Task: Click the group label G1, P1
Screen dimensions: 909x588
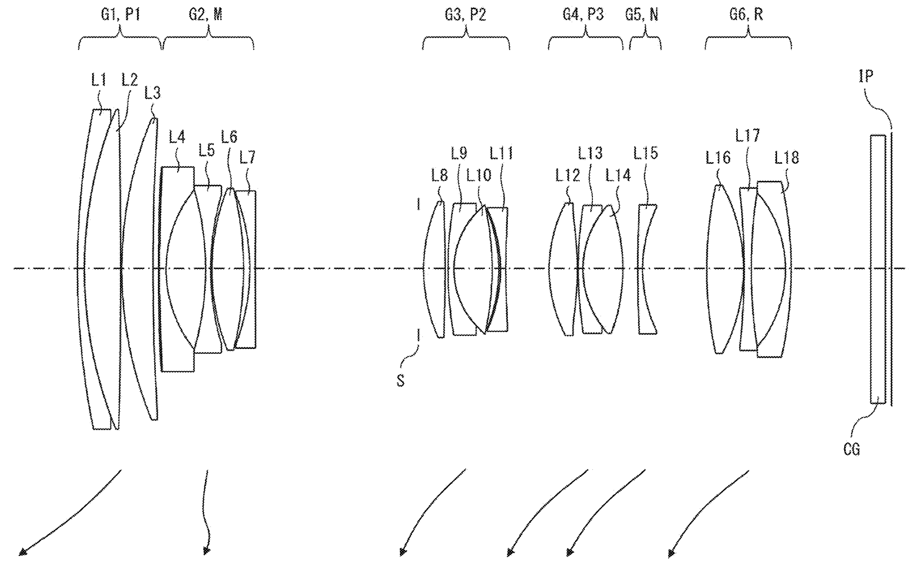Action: pyautogui.click(x=120, y=15)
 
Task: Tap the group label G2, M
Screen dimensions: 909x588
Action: pyautogui.click(x=206, y=15)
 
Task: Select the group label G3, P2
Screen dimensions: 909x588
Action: pyautogui.click(x=465, y=15)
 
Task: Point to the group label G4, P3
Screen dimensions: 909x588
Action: pyautogui.click(x=583, y=15)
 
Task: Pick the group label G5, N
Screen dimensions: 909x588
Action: pyautogui.click(x=641, y=15)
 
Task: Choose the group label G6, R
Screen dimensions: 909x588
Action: pyautogui.click(x=746, y=15)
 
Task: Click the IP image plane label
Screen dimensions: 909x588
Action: pyautogui.click(x=865, y=76)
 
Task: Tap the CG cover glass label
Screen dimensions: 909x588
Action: pyautogui.click(x=851, y=449)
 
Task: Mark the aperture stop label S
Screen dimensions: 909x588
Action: pyautogui.click(x=401, y=381)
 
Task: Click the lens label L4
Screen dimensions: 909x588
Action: pyautogui.click(x=177, y=137)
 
